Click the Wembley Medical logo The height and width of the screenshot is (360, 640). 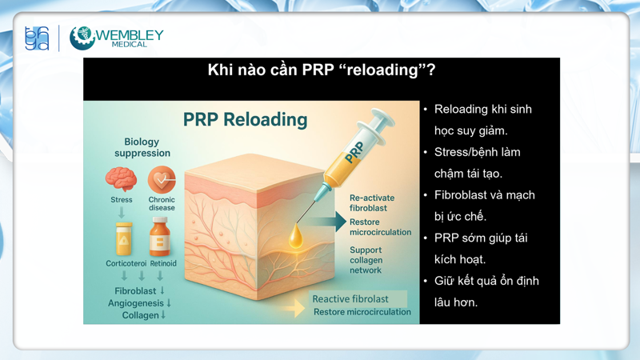tap(116, 38)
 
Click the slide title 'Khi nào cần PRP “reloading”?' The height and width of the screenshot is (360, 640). tap(321, 70)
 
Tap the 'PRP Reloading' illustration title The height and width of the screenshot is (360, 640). tap(245, 120)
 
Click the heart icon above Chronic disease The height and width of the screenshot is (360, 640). tap(162, 180)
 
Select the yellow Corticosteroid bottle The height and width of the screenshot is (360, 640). tap(123, 238)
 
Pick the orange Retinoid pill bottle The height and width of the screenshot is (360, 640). tap(161, 238)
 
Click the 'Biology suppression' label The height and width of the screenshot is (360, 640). tap(142, 147)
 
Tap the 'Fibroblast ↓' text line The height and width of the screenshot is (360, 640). tap(140, 290)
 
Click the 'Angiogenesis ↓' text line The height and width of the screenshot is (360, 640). tap(140, 303)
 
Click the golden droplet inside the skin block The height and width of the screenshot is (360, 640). tap(296, 237)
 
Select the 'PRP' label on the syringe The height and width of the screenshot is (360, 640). tap(354, 151)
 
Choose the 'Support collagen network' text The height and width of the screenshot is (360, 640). tap(366, 260)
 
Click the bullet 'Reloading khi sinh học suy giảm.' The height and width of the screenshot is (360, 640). tap(482, 119)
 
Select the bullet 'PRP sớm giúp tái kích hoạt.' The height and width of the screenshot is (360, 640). tap(480, 248)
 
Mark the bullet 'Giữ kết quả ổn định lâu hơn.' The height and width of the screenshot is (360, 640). tap(486, 291)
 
